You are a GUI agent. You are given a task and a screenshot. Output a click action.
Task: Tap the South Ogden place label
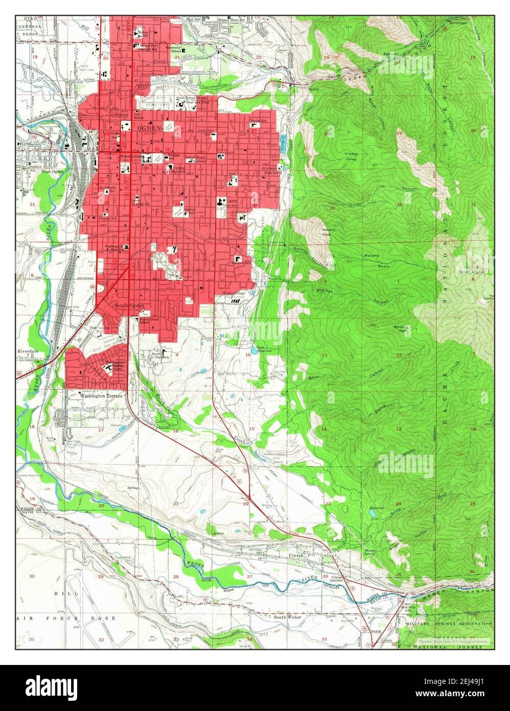(x=129, y=305)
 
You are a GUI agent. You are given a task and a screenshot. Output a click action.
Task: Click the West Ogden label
(x=53, y=171)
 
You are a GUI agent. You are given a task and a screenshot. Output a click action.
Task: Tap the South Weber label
(x=287, y=617)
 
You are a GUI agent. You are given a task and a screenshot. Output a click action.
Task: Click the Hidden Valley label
(x=351, y=156)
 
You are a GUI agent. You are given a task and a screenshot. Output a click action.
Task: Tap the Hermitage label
(x=459, y=24)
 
